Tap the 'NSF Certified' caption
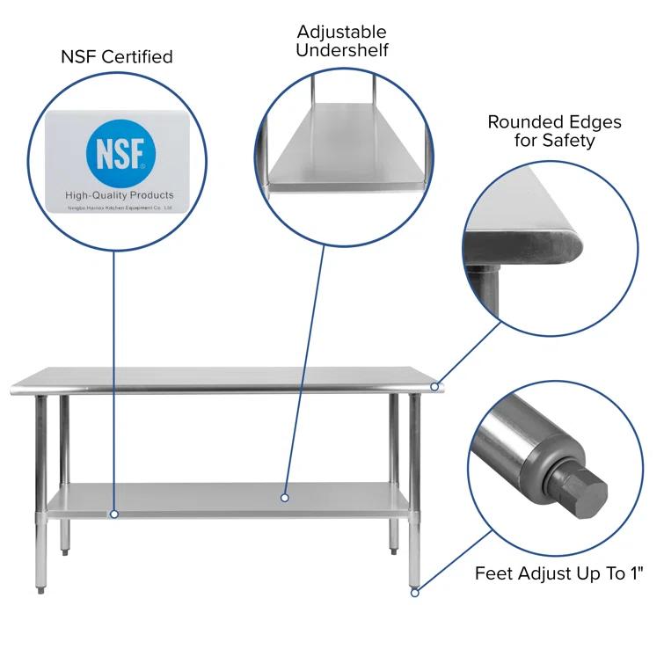[x=116, y=57]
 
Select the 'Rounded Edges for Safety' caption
[x=554, y=130]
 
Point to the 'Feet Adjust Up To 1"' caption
[x=559, y=573]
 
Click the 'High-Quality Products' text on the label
[x=120, y=194]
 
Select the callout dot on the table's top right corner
[x=434, y=387]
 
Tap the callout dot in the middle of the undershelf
[x=285, y=498]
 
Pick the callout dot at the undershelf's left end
[x=113, y=514]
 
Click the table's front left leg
[x=40, y=493]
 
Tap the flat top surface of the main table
[x=229, y=376]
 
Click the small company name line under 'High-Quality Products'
[x=120, y=208]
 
